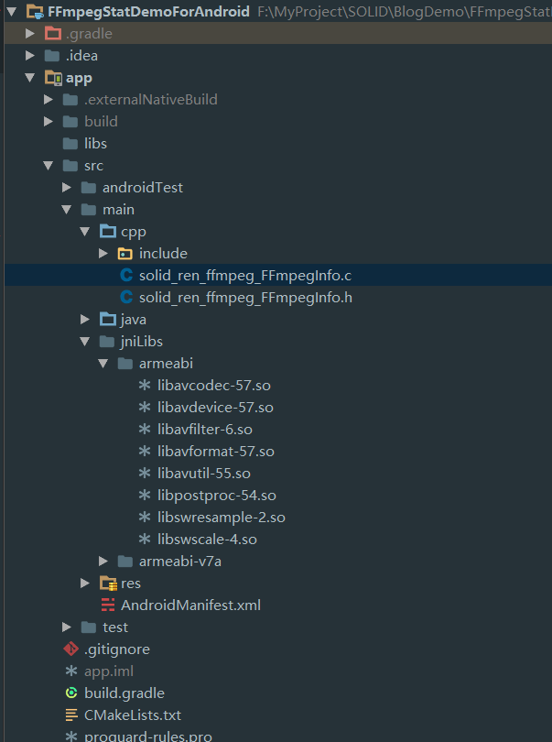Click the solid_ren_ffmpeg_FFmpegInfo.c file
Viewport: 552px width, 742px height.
[x=245, y=275]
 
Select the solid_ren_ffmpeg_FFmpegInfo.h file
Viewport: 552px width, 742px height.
[x=245, y=297]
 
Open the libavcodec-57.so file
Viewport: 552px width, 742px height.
[x=214, y=385]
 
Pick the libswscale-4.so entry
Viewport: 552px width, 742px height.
[x=207, y=539]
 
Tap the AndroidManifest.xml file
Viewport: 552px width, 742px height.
[x=190, y=605]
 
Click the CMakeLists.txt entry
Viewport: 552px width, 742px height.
[x=133, y=715]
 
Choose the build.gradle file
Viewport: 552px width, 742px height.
[x=124, y=693]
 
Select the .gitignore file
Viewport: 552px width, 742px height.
[x=117, y=649]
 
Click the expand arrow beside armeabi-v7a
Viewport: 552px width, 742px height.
[x=103, y=561]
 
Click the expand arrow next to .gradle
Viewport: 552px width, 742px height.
[x=30, y=33]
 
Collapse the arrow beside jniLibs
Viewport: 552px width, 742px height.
[x=85, y=341]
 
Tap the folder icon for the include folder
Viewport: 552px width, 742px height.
[x=125, y=253]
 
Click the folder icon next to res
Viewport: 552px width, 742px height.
[x=107, y=583]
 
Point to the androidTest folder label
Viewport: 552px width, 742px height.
[x=143, y=187]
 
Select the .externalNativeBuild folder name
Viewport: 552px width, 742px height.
[x=151, y=99]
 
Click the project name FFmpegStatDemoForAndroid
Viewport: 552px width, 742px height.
[x=148, y=11]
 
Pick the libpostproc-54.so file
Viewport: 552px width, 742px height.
[x=216, y=495]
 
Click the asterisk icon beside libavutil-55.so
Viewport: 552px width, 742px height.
[x=144, y=473]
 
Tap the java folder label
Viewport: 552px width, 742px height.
[x=134, y=319]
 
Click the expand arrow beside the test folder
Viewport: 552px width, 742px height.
[x=67, y=627]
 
